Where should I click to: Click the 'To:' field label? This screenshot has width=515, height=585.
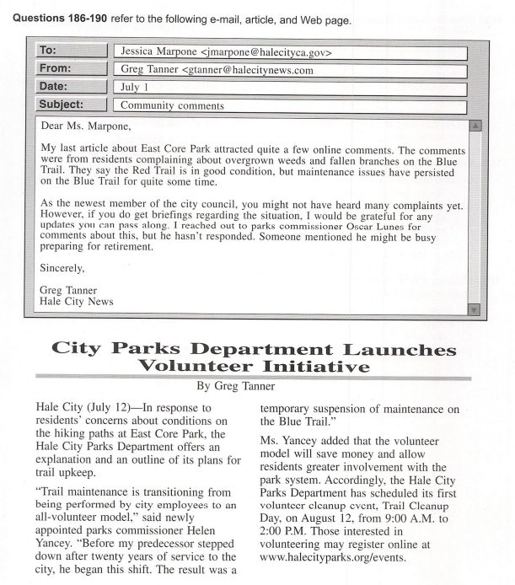(47, 51)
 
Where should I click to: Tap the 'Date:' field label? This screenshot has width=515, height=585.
(54, 87)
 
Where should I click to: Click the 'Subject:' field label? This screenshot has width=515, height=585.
(62, 105)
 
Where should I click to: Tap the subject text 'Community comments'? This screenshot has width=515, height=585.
(172, 106)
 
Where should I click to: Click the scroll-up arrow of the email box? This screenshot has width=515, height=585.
(474, 126)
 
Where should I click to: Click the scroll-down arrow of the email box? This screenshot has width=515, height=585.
(474, 309)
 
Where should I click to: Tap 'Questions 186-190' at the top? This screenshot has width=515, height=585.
(53, 20)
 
